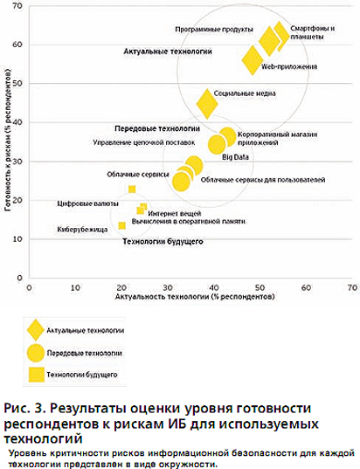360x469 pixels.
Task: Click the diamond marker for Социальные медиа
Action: [x=207, y=104]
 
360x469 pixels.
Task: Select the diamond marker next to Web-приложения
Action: [x=253, y=60]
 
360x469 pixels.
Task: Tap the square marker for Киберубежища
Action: [x=121, y=225]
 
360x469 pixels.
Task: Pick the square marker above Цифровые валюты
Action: [x=132, y=190]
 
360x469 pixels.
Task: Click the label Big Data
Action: [x=235, y=157]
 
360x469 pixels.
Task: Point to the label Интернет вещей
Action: [x=175, y=214]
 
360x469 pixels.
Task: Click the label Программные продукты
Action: [x=214, y=30]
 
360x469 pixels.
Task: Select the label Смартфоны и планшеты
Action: [x=312, y=32]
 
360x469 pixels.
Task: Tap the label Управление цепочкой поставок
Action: [x=144, y=142]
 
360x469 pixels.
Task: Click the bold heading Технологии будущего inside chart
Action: [x=163, y=241]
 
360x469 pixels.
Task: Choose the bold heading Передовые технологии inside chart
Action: [x=157, y=128]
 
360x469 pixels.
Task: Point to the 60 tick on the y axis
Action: [x=17, y=45]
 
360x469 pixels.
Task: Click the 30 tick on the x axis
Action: [x=168, y=287]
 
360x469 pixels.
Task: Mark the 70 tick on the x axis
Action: [x=352, y=287]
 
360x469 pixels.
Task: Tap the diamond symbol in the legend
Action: [x=36, y=330]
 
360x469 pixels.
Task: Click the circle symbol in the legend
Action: [x=36, y=353]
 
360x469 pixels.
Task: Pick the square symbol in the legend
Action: [x=37, y=375]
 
